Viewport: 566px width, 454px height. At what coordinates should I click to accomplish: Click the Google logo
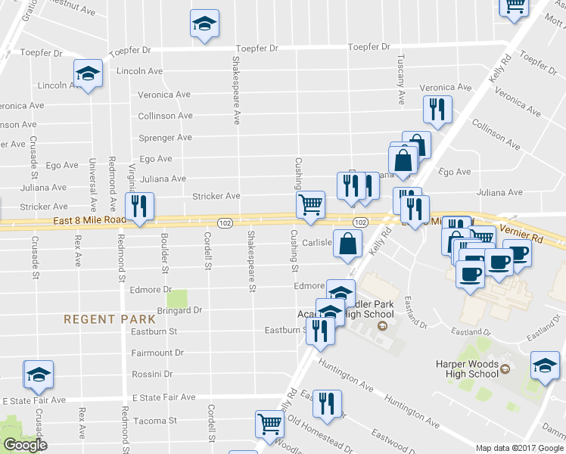click(25, 445)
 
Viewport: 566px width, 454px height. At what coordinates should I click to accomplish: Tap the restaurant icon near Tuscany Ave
click(437, 110)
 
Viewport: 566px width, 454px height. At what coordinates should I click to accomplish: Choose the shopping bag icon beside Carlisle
click(347, 244)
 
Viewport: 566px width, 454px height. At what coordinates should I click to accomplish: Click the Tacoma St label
click(154, 421)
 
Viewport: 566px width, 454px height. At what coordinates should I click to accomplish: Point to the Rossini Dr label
click(151, 374)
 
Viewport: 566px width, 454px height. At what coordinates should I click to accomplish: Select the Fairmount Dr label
click(157, 353)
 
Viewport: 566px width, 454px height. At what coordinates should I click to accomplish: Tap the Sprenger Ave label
click(165, 138)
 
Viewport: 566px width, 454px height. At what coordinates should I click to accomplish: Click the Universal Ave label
click(92, 183)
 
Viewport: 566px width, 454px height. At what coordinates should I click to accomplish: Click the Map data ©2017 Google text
click(519, 448)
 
